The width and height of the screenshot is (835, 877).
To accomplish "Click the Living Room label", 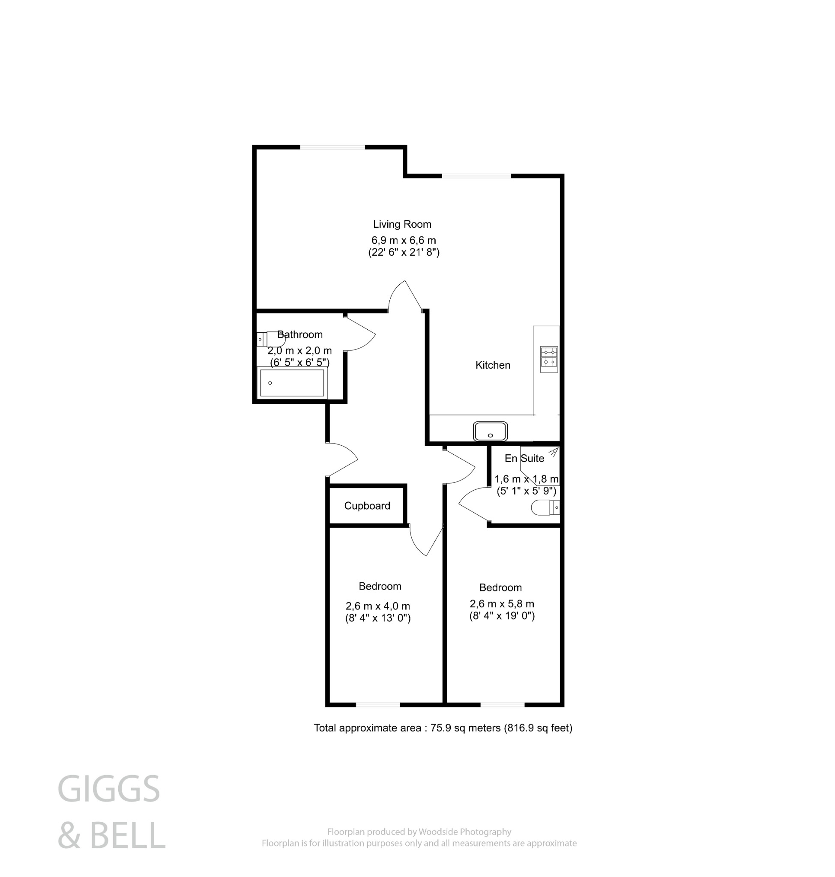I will (402, 224).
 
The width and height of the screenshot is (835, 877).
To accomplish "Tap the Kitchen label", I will (493, 365).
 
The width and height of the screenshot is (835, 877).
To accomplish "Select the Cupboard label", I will (367, 506).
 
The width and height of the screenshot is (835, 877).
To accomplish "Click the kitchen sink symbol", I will (490, 431).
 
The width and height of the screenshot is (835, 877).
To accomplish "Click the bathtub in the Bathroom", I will (292, 383).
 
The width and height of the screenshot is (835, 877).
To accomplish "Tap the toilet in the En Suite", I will (545, 507).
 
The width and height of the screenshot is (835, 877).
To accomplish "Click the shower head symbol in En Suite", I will (553, 453).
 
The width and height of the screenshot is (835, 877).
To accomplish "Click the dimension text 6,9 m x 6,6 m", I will (404, 240).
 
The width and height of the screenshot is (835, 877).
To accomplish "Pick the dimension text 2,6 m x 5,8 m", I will (502, 604).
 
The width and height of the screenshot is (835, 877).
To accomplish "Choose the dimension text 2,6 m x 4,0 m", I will (377, 606).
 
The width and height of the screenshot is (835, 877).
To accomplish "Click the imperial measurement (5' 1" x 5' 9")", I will (526, 491).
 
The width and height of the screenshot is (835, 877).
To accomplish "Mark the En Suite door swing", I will (472, 504).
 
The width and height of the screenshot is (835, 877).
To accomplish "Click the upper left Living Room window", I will (332, 147).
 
